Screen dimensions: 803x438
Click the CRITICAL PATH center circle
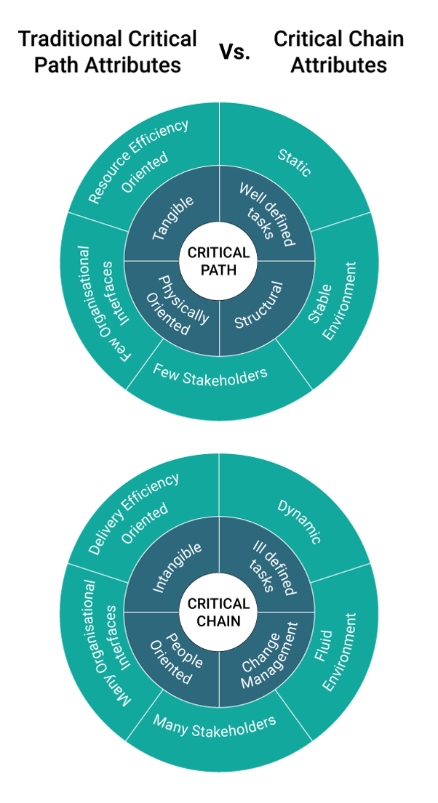point(218,262)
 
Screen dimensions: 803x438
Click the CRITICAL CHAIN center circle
point(218,612)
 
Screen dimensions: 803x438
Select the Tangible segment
point(173,218)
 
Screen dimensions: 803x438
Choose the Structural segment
point(260,306)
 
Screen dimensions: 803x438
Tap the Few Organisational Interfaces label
point(101,305)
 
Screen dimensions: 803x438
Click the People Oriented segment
point(175,657)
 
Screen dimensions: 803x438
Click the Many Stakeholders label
point(214,726)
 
